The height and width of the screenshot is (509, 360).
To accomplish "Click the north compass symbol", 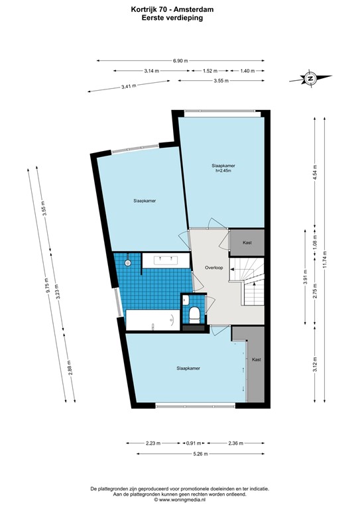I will coord(310,78).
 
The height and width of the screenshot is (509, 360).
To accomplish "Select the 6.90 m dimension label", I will coord(180,60).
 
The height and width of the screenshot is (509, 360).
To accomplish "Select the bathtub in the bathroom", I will coord(150,319).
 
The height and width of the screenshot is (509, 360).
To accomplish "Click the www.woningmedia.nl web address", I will coord(180,500).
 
